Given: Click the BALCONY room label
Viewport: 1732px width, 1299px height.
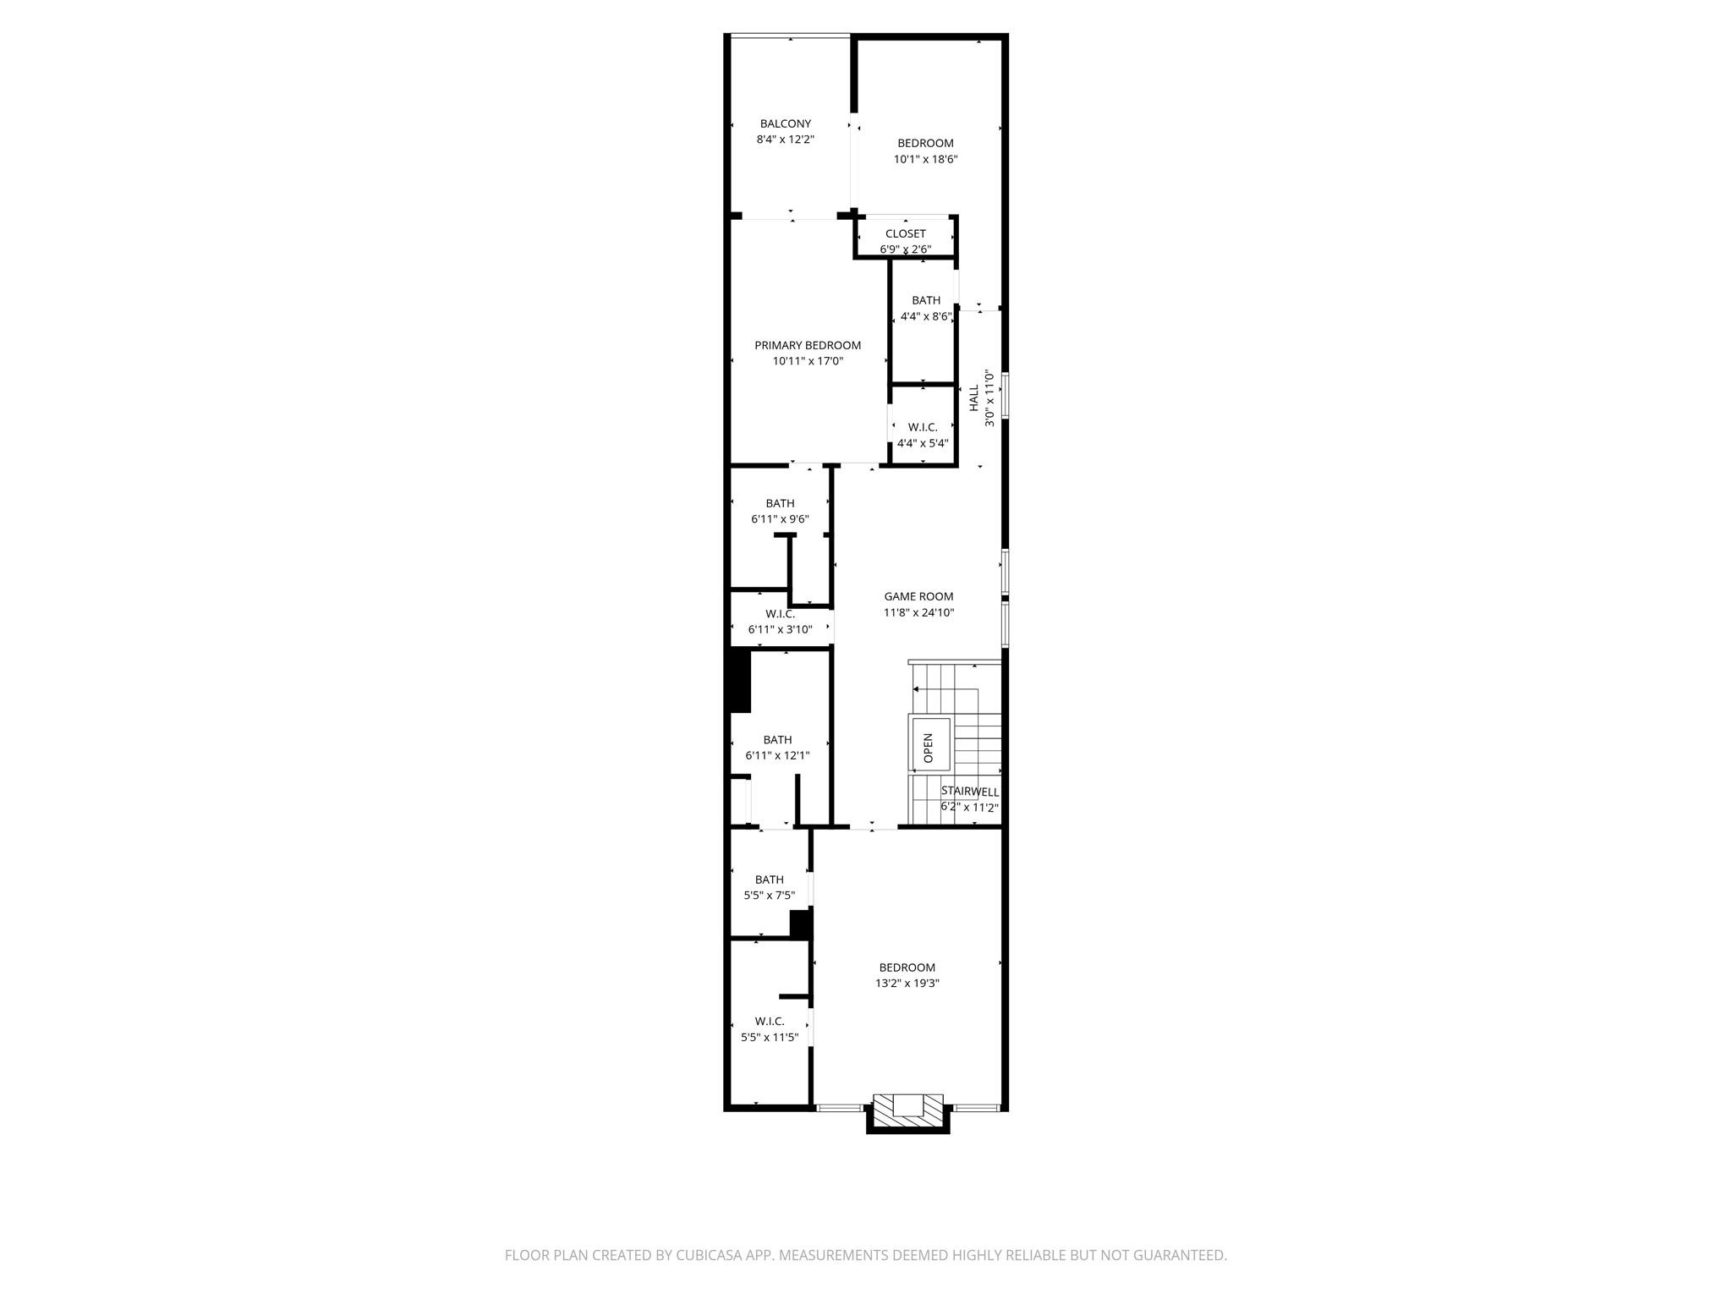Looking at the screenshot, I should click(785, 123).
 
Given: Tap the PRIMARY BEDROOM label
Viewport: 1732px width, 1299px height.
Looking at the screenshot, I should click(808, 345).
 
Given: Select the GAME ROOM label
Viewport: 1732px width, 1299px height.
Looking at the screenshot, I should click(918, 596).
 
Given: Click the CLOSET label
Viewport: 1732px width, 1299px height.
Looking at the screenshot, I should click(905, 233).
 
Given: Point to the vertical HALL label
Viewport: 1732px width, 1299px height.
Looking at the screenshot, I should click(973, 397).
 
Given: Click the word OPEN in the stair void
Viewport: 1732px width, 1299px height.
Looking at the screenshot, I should click(928, 748).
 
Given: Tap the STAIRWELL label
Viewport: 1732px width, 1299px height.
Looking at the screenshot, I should click(970, 792).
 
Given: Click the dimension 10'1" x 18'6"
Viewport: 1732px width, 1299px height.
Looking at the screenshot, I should click(925, 159).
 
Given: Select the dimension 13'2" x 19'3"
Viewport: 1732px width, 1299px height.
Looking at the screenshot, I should click(907, 984).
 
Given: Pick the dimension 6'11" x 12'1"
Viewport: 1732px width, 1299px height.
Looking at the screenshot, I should click(777, 755).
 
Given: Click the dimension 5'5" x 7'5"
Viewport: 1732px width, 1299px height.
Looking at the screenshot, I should click(769, 896).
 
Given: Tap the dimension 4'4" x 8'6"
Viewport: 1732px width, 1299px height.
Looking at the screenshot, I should click(926, 316).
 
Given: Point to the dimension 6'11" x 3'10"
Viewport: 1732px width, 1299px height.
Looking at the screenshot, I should click(780, 629).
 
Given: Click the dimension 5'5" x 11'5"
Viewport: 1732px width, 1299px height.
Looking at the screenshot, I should click(770, 1037).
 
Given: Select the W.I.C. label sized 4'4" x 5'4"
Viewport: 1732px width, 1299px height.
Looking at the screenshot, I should click(923, 427).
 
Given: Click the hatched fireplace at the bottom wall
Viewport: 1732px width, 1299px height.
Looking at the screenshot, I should click(907, 1110).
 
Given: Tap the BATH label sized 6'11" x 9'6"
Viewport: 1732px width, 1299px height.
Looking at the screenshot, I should click(780, 503).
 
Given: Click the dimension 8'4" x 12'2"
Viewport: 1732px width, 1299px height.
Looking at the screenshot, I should click(785, 140).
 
